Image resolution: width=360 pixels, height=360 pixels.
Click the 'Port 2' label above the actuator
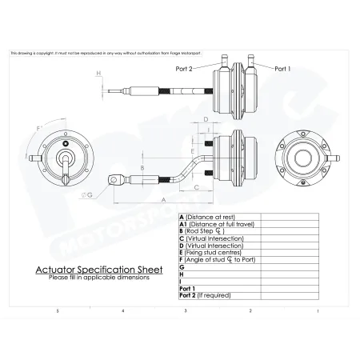click(x=185, y=69)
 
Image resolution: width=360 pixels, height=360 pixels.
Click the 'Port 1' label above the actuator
click(x=284, y=69)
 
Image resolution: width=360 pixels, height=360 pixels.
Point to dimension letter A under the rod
click(x=163, y=198)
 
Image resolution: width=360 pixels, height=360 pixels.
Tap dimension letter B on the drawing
click(x=142, y=168)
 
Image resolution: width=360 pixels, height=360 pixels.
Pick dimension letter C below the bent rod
click(x=197, y=186)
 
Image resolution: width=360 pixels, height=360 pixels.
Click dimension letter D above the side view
click(x=206, y=119)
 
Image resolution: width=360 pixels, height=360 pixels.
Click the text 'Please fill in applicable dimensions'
click(x=98, y=278)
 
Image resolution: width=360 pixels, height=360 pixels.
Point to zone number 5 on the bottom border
click(x=56, y=310)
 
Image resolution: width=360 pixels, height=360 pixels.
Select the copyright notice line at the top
click(x=112, y=54)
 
